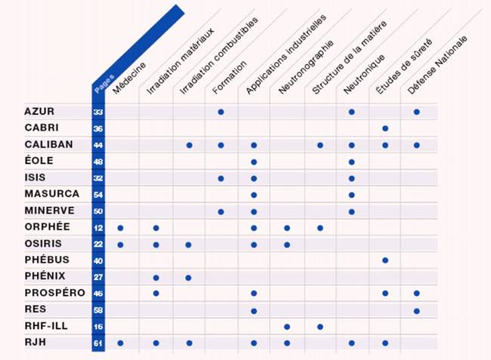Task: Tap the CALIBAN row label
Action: [48, 145]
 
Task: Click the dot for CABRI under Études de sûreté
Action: [384, 128]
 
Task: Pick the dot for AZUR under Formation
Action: [221, 112]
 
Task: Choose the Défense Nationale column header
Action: [437, 65]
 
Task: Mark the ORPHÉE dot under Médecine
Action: [120, 227]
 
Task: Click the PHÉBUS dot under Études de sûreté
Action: [384, 260]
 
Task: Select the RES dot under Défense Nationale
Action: [416, 310]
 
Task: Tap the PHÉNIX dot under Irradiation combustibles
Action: [189, 277]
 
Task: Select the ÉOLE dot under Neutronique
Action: [351, 162]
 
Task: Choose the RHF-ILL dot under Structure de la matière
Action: [320, 326]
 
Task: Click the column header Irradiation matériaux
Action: [180, 60]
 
